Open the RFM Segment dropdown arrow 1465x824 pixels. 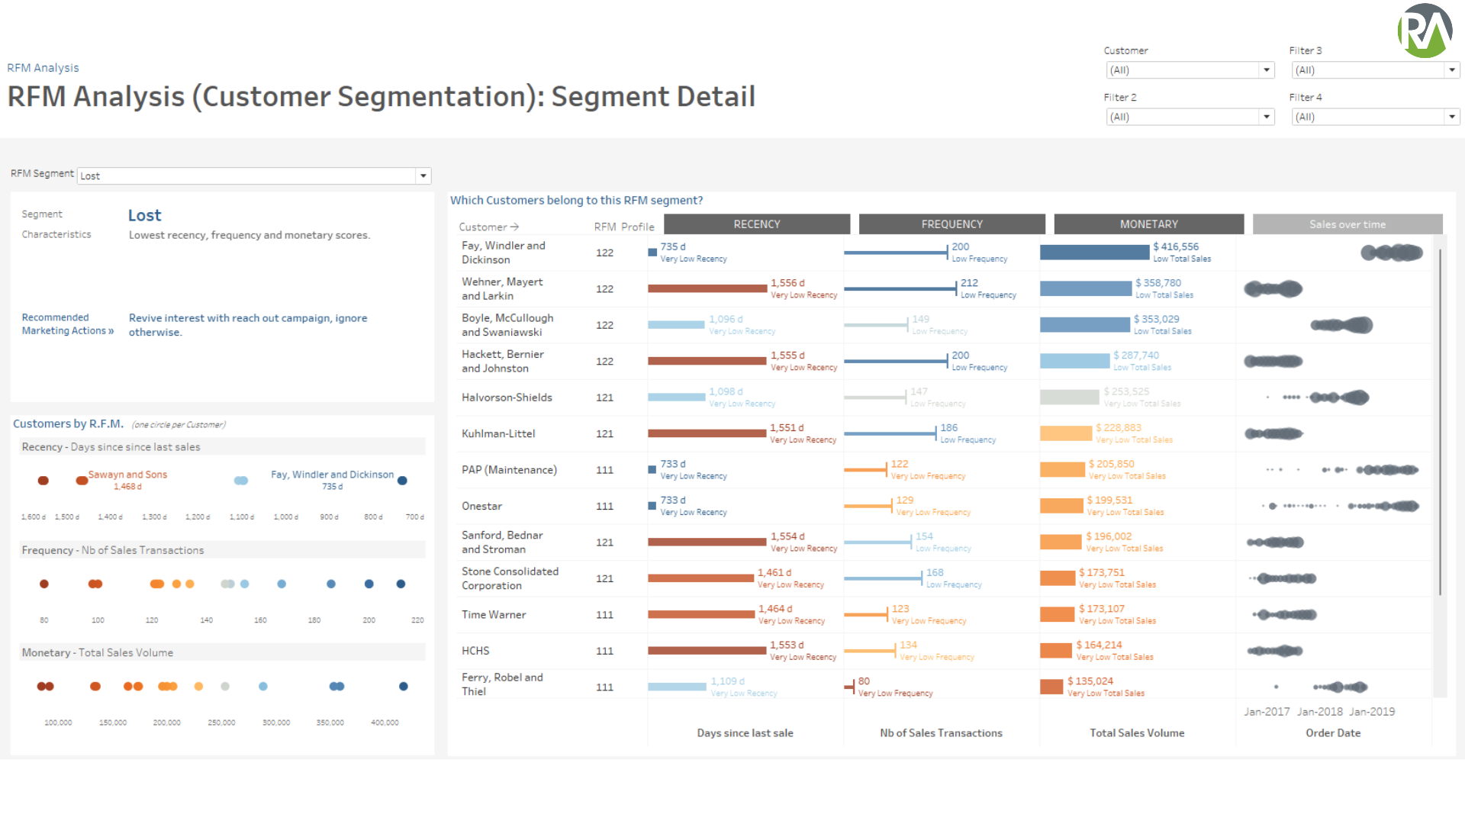(423, 176)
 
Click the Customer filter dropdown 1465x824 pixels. (1189, 70)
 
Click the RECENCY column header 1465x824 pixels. (756, 224)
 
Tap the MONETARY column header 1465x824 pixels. (1148, 224)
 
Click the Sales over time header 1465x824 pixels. (1347, 224)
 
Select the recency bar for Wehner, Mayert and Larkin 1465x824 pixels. (707, 288)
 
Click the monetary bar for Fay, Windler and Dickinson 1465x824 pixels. (1093, 253)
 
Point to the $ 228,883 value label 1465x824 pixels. (1118, 428)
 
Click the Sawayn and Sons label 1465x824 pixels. (127, 475)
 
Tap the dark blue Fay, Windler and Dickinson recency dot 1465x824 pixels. (402, 481)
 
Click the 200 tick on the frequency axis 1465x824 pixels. (369, 620)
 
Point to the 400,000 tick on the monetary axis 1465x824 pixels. (385, 723)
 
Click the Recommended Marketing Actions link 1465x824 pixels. (66, 324)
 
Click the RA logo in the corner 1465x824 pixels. (1424, 31)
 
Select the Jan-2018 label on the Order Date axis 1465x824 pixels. (1319, 712)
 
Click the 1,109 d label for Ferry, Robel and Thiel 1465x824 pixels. (727, 681)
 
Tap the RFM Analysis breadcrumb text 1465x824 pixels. (43, 68)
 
